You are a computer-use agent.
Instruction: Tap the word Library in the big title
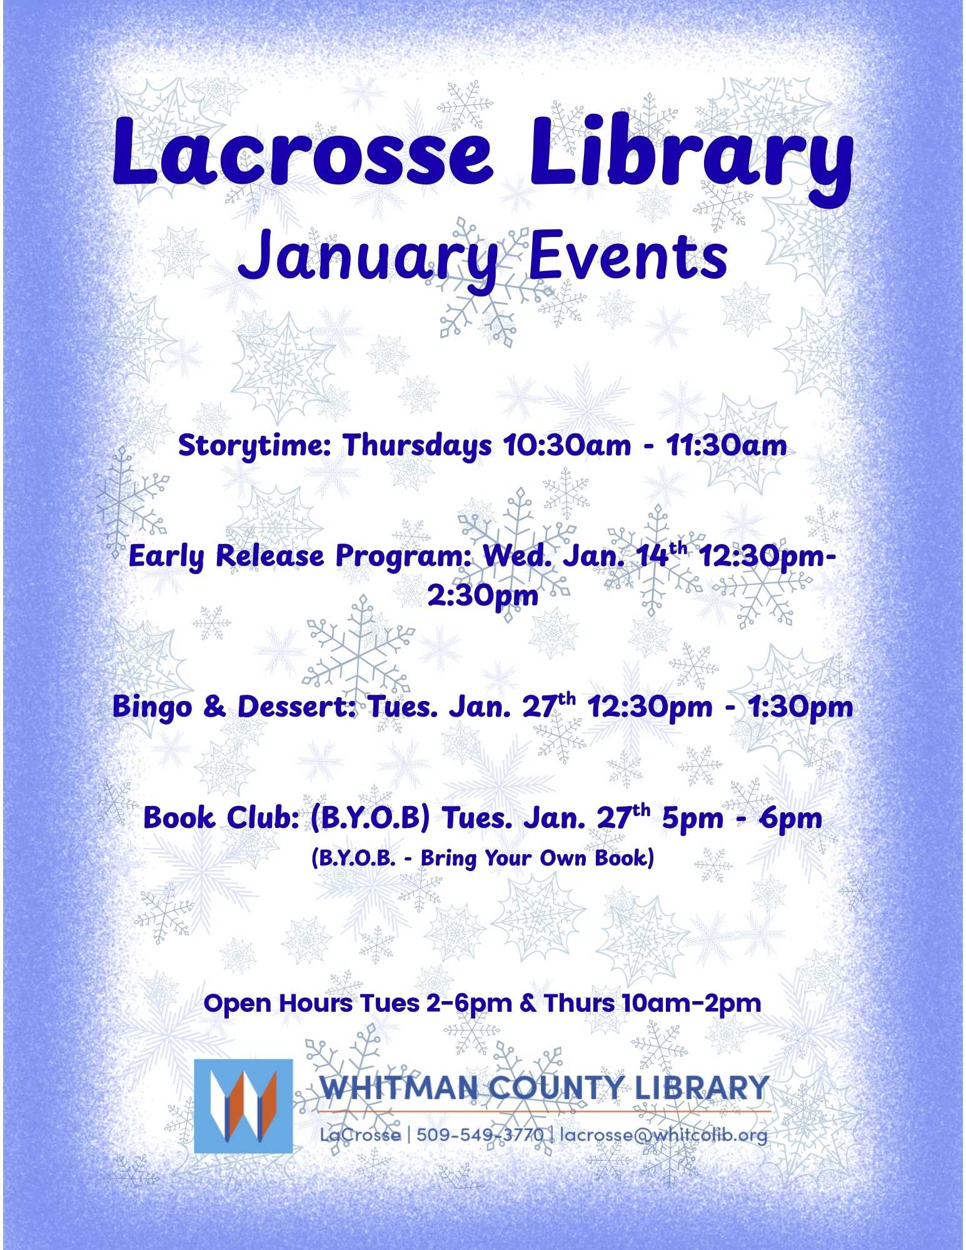tap(691, 160)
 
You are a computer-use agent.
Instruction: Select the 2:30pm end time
tap(483, 595)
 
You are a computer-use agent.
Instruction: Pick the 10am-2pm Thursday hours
tap(691, 1004)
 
